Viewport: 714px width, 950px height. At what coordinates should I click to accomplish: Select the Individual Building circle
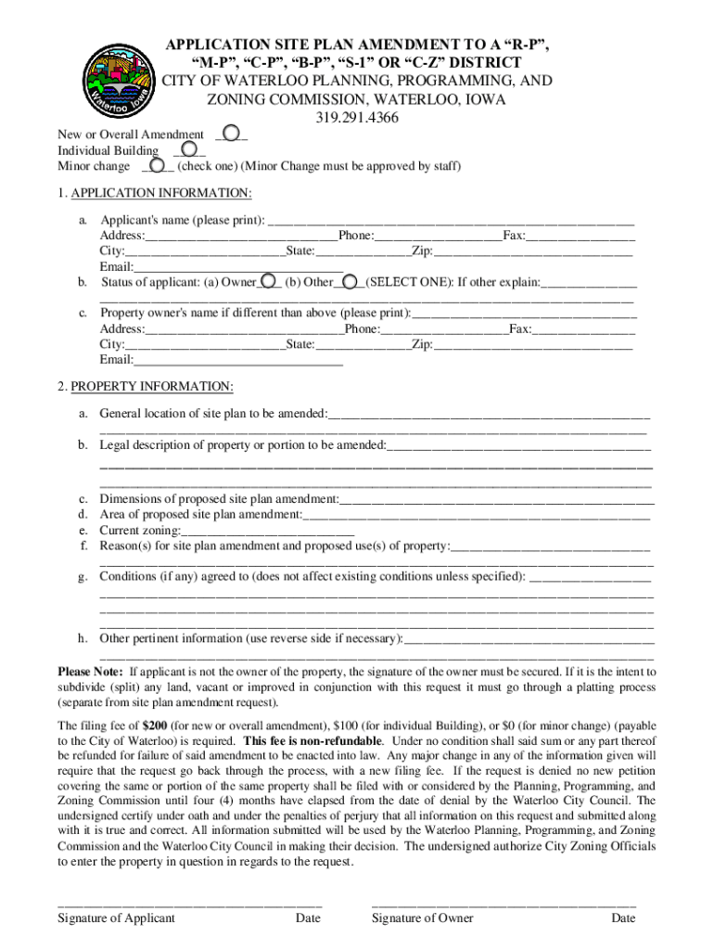click(x=188, y=150)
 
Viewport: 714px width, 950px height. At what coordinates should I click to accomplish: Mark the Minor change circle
click(x=159, y=166)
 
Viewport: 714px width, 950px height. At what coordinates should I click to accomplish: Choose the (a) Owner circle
click(x=267, y=281)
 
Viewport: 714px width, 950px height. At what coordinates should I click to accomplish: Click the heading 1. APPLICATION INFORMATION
click(x=155, y=193)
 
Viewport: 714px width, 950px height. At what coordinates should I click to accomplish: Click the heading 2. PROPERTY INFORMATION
click(x=146, y=386)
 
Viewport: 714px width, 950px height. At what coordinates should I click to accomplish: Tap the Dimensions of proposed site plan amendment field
click(x=496, y=501)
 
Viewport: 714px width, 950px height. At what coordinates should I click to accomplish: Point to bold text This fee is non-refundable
click(x=312, y=741)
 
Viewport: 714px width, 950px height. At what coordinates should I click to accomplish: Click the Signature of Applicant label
click(x=116, y=918)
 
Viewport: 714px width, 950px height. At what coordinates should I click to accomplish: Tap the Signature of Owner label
click(x=422, y=918)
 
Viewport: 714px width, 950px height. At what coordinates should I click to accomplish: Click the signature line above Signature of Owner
click(x=504, y=904)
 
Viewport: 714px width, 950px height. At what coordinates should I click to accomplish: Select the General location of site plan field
click(x=488, y=414)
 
